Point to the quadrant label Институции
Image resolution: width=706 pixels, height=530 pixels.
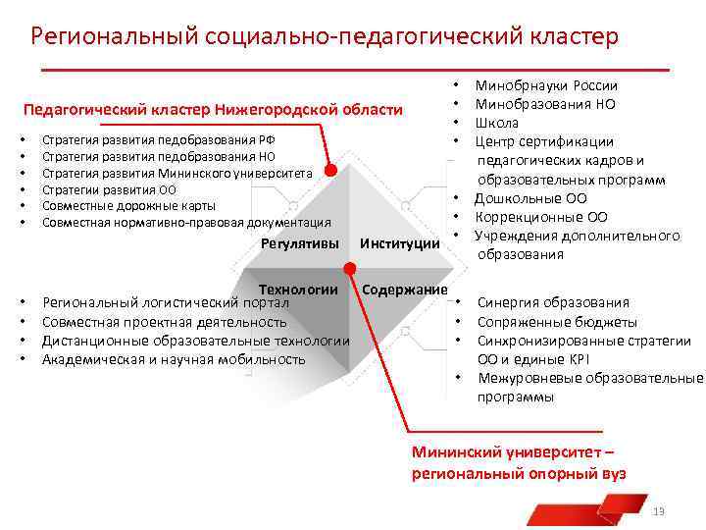click(x=400, y=243)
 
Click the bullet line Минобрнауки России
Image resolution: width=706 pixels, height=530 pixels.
click(x=546, y=85)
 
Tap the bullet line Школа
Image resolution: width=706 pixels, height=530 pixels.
click(x=497, y=123)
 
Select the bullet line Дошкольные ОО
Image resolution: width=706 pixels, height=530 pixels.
click(x=530, y=198)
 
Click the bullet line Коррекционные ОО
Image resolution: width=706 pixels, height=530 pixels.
click(x=541, y=217)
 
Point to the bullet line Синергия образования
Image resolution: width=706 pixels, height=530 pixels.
click(x=553, y=303)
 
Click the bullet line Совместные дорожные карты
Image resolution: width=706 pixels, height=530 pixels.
click(x=128, y=206)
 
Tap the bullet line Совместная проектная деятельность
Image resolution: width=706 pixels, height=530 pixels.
click(x=164, y=322)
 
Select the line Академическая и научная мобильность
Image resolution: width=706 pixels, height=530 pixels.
click(x=174, y=359)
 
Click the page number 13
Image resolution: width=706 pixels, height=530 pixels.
click(x=659, y=511)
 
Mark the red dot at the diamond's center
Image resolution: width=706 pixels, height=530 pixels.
click(x=348, y=268)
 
